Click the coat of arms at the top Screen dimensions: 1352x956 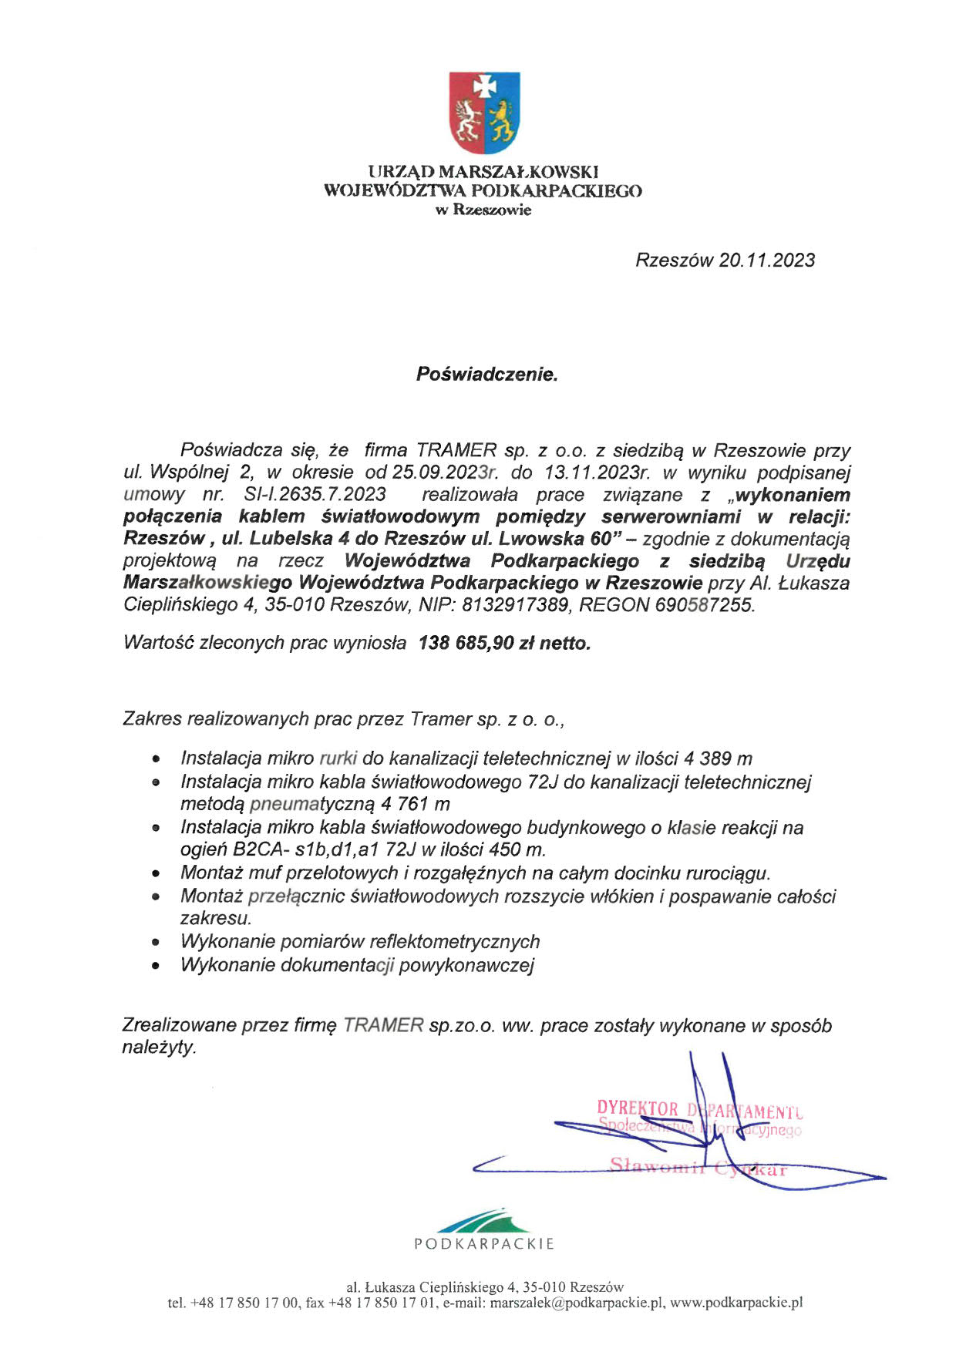pyautogui.click(x=484, y=113)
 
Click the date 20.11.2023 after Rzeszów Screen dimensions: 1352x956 pyautogui.click(x=766, y=261)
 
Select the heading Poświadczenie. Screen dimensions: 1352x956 pyautogui.click(x=486, y=375)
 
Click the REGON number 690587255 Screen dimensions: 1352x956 pyautogui.click(x=705, y=605)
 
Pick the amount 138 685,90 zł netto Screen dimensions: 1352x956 pyautogui.click(x=504, y=643)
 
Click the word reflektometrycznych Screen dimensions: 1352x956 pyautogui.click(x=455, y=942)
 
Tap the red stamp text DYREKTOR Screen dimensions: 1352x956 pyautogui.click(x=638, y=1109)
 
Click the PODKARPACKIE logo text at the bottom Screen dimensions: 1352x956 pyautogui.click(x=484, y=1243)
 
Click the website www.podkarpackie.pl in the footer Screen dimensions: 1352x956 pyautogui.click(x=736, y=1303)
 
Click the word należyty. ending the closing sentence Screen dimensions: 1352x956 pyautogui.click(x=160, y=1048)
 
